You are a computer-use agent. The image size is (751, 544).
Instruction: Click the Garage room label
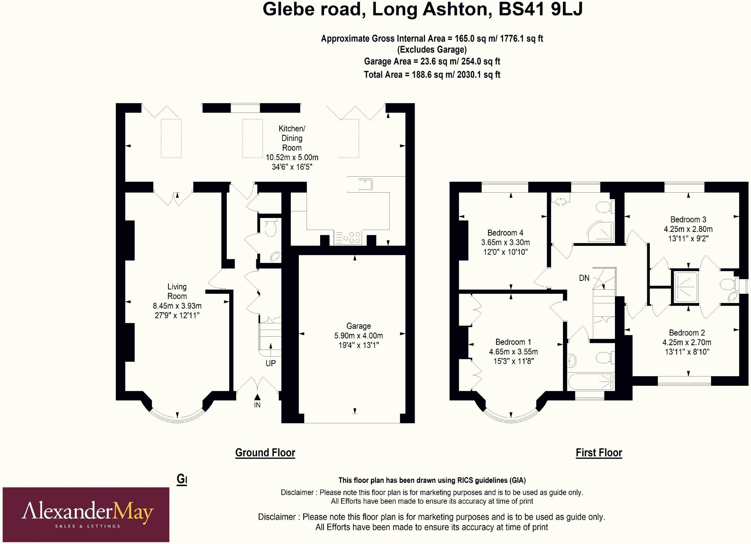pyautogui.click(x=358, y=326)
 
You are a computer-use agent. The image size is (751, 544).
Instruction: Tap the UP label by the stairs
pyautogui.click(x=271, y=363)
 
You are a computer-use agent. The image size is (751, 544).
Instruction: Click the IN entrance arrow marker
pyautogui.click(x=257, y=397)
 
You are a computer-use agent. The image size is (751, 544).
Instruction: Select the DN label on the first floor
pyautogui.click(x=584, y=278)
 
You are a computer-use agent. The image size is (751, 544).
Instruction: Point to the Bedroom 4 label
pyautogui.click(x=505, y=233)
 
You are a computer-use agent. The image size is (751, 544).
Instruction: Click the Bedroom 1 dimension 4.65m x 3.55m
pyautogui.click(x=513, y=352)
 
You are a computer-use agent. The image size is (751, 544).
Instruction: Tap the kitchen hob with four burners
pyautogui.click(x=348, y=237)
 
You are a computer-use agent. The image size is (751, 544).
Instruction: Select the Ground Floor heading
pyautogui.click(x=265, y=453)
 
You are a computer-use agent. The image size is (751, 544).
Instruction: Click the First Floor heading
pyautogui.click(x=599, y=453)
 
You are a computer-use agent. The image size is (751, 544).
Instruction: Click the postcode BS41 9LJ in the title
pyautogui.click(x=540, y=10)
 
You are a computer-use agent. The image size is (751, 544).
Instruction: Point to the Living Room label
pyautogui.click(x=177, y=291)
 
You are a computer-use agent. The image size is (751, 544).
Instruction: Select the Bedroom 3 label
pyautogui.click(x=688, y=219)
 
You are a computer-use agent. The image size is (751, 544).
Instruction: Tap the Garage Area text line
pyautogui.click(x=432, y=61)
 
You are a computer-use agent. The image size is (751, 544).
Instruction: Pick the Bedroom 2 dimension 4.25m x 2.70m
pyautogui.click(x=686, y=343)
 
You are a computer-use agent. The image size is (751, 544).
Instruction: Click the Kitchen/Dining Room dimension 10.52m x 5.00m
pyautogui.click(x=292, y=158)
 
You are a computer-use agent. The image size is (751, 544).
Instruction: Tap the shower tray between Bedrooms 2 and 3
pyautogui.click(x=685, y=286)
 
